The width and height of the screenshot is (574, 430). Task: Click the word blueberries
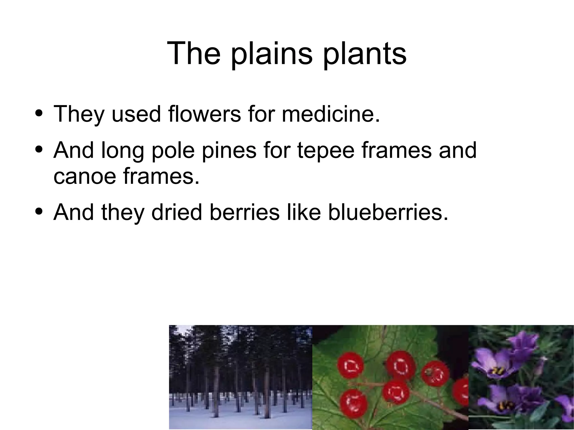pos(388,212)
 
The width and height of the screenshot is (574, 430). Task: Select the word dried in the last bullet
pos(177,212)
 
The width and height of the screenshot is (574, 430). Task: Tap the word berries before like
pos(244,212)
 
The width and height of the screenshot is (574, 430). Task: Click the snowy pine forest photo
pos(240,377)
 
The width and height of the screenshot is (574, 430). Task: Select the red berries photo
pos(390,377)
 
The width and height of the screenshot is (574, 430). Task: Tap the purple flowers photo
pos(521,377)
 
